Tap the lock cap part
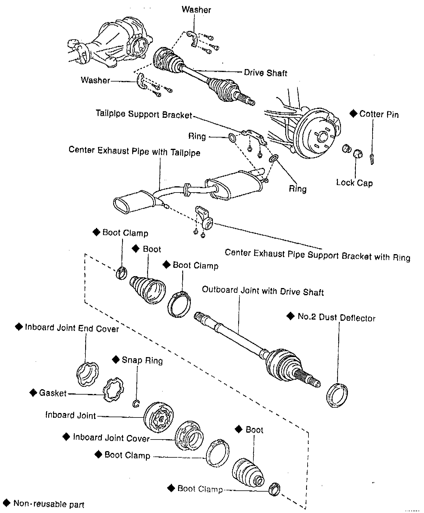(x=358, y=154)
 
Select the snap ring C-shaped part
(x=136, y=404)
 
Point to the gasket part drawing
(x=113, y=389)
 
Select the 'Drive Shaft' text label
(x=265, y=73)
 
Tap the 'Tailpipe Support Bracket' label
(x=144, y=114)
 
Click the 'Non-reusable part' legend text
(x=49, y=504)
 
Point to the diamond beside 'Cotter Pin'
(x=353, y=114)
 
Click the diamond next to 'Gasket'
(x=33, y=393)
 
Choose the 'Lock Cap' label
(x=354, y=182)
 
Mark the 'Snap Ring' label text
(x=142, y=360)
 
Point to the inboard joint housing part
(x=158, y=417)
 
